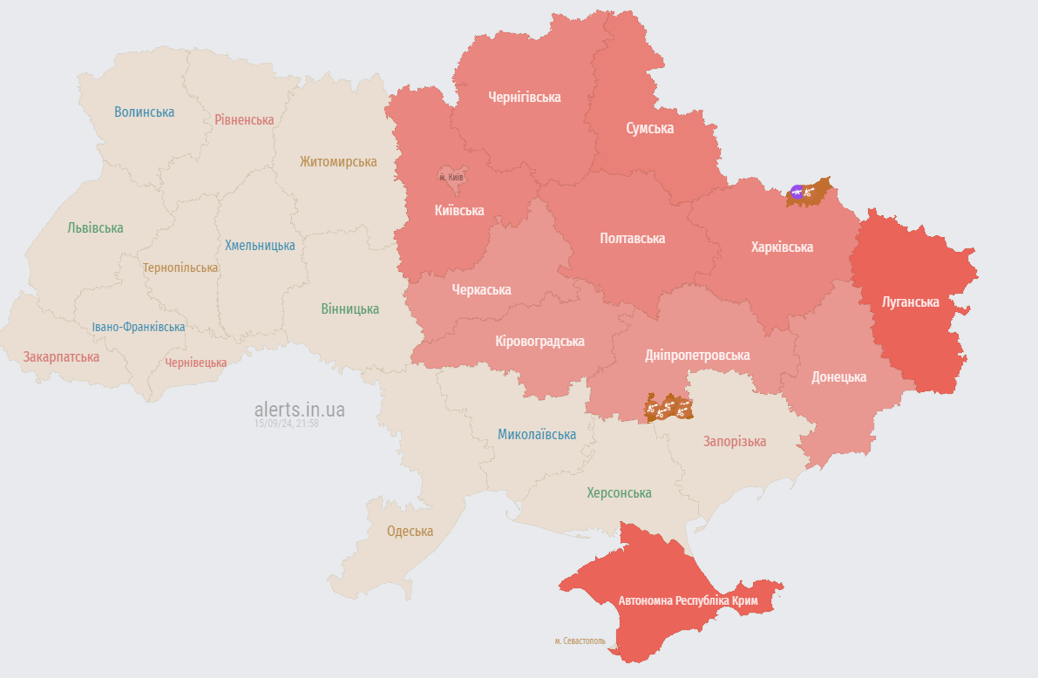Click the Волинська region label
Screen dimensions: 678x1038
click(x=144, y=112)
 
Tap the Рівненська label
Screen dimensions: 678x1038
click(x=244, y=119)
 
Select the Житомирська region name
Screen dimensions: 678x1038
click(x=338, y=161)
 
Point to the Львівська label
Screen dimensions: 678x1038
click(x=95, y=227)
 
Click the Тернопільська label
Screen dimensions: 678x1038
click(x=180, y=268)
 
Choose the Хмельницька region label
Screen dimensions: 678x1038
click(x=260, y=245)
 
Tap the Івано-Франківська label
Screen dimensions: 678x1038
click(x=139, y=327)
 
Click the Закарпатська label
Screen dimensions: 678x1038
click(x=61, y=356)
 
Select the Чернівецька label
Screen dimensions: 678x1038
click(x=196, y=363)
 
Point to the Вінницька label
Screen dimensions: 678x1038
click(x=349, y=308)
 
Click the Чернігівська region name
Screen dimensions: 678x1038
click(x=524, y=97)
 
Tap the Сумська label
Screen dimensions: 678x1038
click(x=649, y=128)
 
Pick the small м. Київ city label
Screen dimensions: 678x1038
click(x=451, y=177)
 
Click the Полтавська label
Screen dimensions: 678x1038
click(x=632, y=238)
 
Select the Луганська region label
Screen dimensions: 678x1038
click(x=910, y=302)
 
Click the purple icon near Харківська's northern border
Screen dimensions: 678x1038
click(x=797, y=192)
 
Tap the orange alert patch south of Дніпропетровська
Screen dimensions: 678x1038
click(x=668, y=408)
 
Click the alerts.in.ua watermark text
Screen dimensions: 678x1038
click(x=299, y=409)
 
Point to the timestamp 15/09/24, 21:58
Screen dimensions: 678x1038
click(x=286, y=424)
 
